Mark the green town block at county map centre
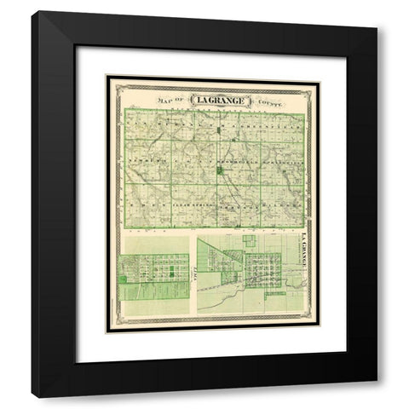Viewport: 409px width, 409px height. click(219, 171)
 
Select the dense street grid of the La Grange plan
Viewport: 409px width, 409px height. click(261, 271)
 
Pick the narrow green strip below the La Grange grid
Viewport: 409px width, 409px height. click(275, 294)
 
